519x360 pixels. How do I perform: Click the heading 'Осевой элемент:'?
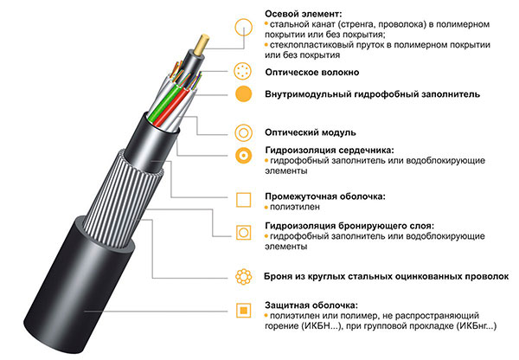(x=304, y=14)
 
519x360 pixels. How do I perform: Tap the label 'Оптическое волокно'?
(x=311, y=72)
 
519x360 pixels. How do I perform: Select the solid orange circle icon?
(x=243, y=94)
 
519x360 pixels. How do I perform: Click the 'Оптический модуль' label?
(x=311, y=132)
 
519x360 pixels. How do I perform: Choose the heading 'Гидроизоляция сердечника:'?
(x=330, y=151)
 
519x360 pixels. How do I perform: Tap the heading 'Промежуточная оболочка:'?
(x=325, y=196)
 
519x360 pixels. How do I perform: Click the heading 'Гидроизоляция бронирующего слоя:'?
(x=349, y=226)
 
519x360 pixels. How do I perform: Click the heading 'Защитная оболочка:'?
(x=311, y=305)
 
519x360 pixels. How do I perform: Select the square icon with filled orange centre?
(x=243, y=310)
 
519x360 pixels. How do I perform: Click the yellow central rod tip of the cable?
(x=202, y=44)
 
